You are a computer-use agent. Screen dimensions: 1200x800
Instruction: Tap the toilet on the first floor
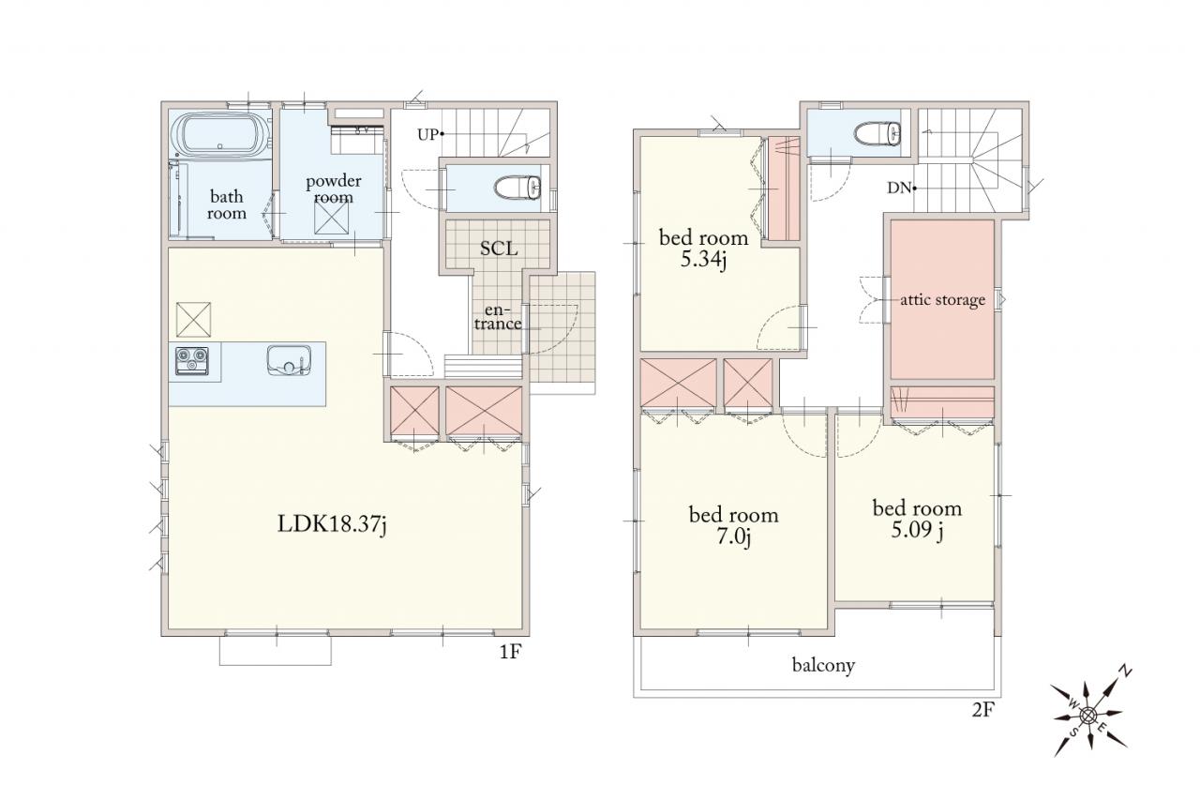(517, 189)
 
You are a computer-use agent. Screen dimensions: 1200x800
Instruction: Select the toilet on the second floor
(877, 133)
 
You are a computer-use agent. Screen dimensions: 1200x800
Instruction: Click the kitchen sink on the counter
(289, 359)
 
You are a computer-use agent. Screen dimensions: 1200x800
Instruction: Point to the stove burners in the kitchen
(192, 361)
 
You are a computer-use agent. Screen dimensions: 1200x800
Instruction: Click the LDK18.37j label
(332, 524)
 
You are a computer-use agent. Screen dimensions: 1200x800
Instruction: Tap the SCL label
(499, 249)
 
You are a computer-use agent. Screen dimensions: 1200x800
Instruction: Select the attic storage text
(942, 299)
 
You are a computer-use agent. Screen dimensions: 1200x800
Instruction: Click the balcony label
(823, 666)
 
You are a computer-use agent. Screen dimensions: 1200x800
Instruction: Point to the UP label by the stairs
(427, 134)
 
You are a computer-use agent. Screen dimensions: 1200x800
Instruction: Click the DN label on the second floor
(899, 189)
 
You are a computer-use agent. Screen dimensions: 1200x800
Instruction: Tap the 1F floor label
(510, 652)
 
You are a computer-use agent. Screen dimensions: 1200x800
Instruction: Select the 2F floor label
(983, 710)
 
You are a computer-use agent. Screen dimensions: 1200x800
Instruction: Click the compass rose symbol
(1087, 715)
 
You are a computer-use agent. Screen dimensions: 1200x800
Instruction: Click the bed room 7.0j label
(733, 525)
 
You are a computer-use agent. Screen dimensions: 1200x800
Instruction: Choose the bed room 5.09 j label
(917, 519)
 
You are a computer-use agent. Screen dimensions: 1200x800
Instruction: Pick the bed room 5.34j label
(703, 249)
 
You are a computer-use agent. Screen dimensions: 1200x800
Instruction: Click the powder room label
(333, 189)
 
